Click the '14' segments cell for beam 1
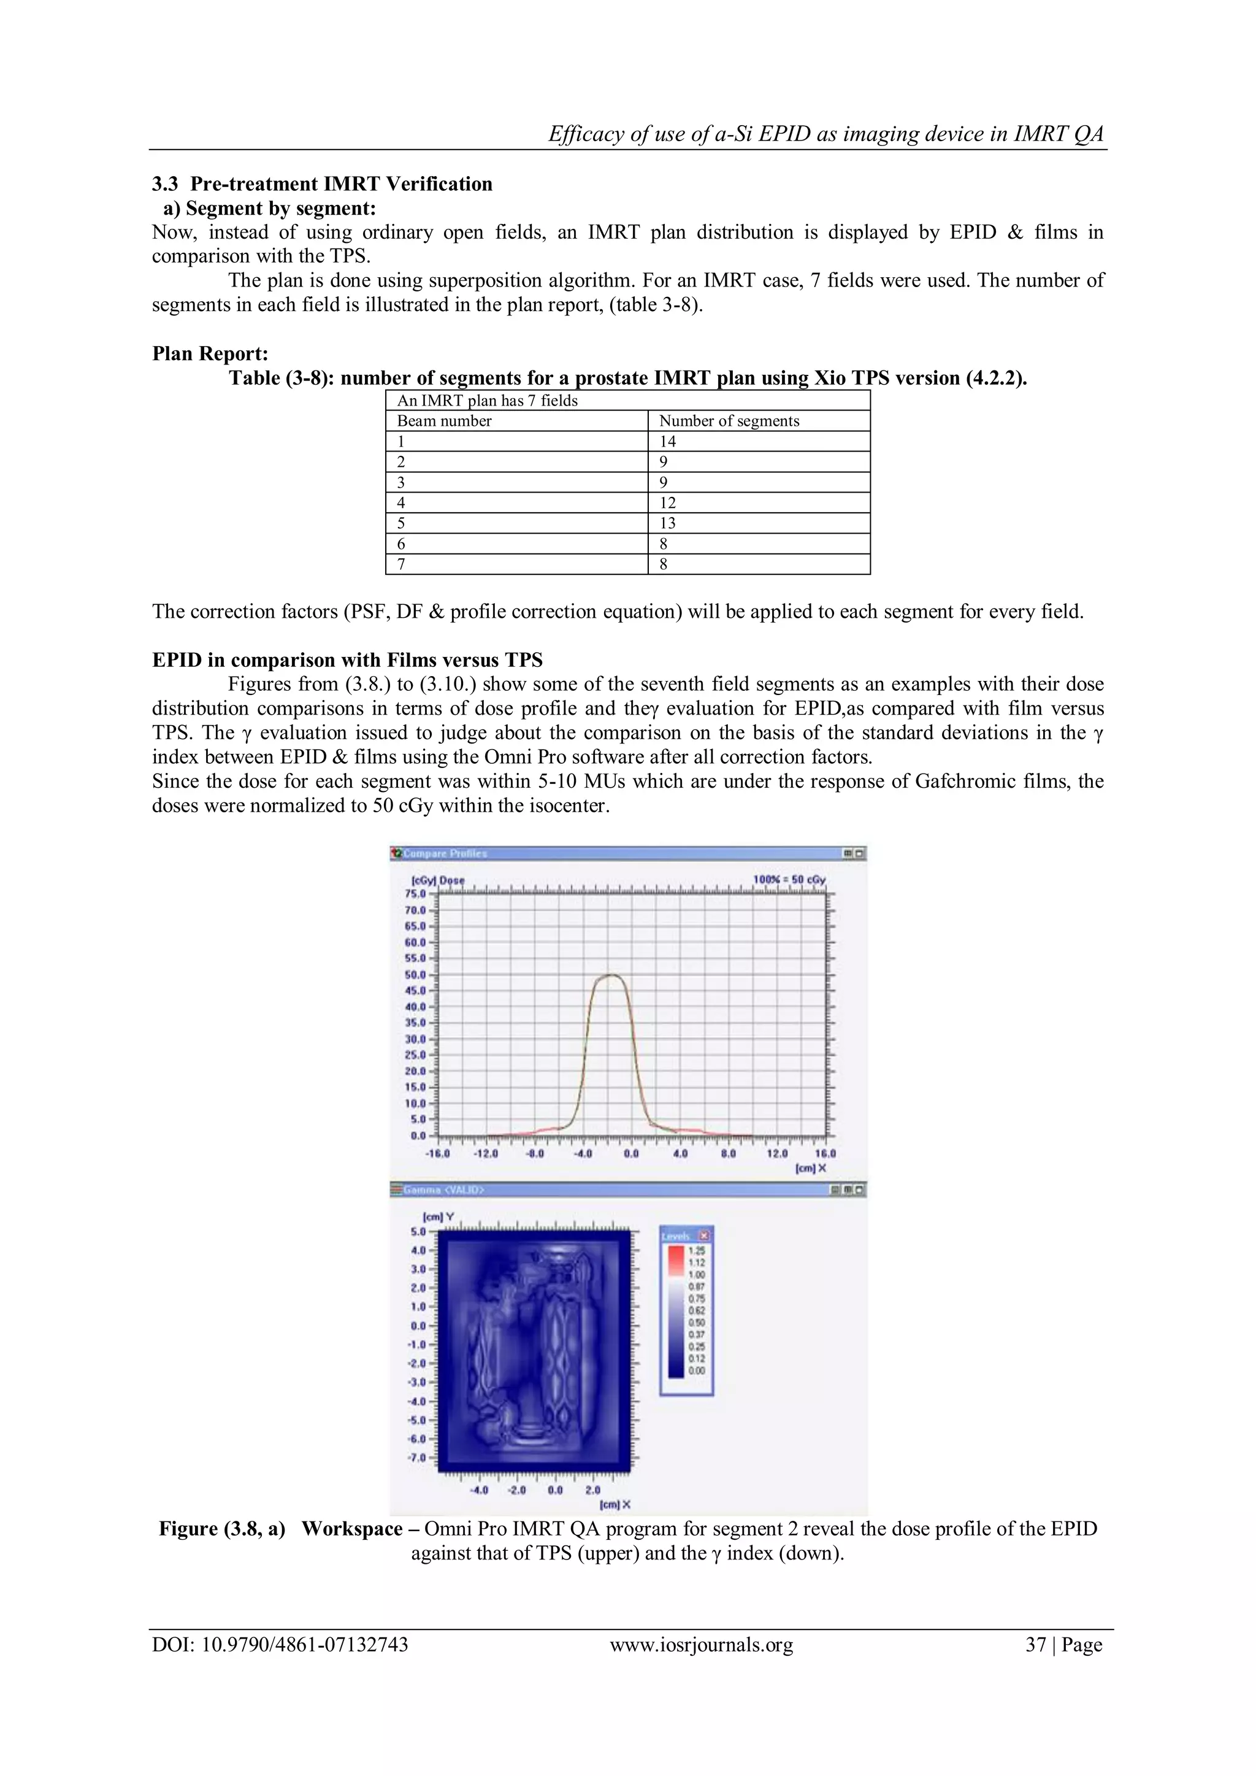(667, 442)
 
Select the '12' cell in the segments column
(667, 503)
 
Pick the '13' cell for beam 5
(667, 523)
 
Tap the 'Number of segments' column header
(729, 421)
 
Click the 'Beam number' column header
(444, 421)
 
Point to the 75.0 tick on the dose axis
(415, 893)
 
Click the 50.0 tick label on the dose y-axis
(415, 975)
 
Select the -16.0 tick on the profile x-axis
(438, 1153)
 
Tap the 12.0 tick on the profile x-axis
(777, 1153)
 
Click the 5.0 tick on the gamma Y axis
(418, 1231)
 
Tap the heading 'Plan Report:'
(210, 353)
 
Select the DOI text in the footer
(280, 1645)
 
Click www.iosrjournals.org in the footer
(701, 1645)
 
